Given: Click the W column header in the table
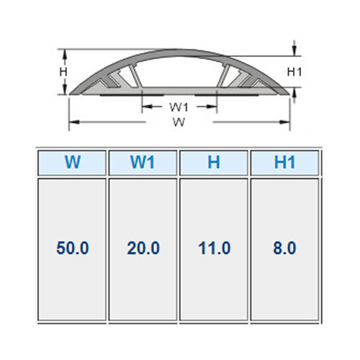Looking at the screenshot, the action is [x=72, y=163].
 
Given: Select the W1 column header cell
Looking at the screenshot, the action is [x=143, y=163].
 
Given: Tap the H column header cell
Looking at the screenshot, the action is [x=214, y=163].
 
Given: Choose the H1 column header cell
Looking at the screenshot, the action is [x=284, y=163].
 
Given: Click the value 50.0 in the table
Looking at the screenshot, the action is [x=73, y=248].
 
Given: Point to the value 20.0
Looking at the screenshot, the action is [x=143, y=248].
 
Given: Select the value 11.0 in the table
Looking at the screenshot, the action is [x=215, y=248].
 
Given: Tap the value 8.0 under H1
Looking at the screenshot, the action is [x=284, y=248].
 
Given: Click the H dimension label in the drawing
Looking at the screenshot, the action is [x=63, y=71].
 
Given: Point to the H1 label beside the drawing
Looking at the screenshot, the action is [x=294, y=71].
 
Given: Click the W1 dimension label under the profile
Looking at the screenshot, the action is [x=179, y=107].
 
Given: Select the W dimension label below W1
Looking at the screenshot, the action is [x=179, y=122].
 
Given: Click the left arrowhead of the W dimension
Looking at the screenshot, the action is [x=74, y=122].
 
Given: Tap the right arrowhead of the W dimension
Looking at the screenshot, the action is [x=284, y=122].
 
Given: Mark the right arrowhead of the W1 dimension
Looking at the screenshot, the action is [x=212, y=107].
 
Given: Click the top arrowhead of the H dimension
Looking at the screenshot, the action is [x=65, y=55].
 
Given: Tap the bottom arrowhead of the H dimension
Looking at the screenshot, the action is [x=65, y=89].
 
